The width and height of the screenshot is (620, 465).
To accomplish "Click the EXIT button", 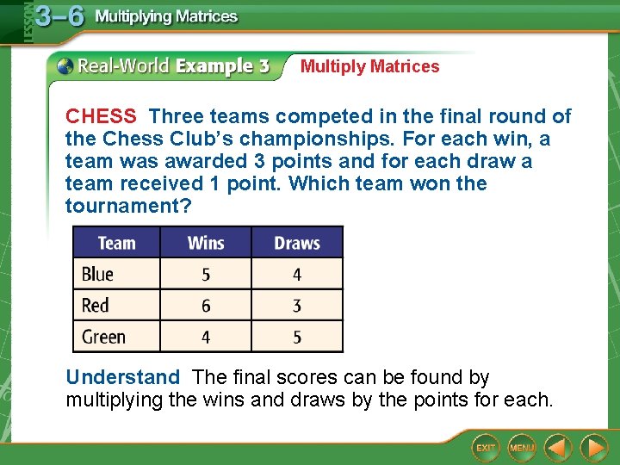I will click(486, 448).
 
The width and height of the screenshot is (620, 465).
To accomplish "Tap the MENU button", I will click(522, 448).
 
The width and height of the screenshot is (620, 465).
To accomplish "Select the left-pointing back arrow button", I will click(558, 448).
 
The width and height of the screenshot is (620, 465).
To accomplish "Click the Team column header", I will click(116, 243).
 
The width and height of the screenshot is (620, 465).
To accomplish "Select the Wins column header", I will click(206, 243).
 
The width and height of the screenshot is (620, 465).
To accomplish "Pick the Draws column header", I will click(297, 243).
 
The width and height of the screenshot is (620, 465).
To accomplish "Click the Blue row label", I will click(97, 275).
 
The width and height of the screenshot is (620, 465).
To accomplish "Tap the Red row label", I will click(96, 306).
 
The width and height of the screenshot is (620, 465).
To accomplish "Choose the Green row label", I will click(103, 337).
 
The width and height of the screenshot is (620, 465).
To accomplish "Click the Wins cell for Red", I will click(206, 306).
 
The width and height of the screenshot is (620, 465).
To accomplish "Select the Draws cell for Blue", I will click(297, 275).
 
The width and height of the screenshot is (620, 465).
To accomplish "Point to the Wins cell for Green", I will click(206, 337).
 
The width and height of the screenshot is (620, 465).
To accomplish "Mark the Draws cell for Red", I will click(297, 306).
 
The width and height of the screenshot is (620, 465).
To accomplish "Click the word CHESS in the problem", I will click(101, 116).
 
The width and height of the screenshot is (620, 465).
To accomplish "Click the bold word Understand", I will click(123, 377).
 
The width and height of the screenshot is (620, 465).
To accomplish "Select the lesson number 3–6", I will click(59, 16).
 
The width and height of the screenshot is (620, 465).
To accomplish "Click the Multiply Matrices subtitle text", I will click(369, 66).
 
